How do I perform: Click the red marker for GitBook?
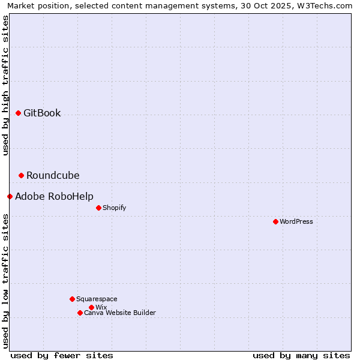[x=18, y=113]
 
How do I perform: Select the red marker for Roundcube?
[x=21, y=175]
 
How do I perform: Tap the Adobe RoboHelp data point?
[x=10, y=196]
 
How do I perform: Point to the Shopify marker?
[x=98, y=208]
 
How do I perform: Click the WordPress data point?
[x=275, y=221]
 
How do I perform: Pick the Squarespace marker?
[x=72, y=299]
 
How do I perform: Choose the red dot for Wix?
[x=91, y=307]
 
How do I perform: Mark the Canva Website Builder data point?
[x=80, y=313]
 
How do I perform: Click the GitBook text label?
[x=42, y=113]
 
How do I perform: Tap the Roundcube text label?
[x=53, y=175]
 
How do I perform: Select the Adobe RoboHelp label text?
[x=54, y=196]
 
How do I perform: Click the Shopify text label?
[x=114, y=208]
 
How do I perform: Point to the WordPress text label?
[x=296, y=221]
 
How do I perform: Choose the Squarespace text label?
[x=97, y=299]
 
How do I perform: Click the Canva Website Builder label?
[x=119, y=313]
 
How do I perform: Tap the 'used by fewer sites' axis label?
[x=62, y=355]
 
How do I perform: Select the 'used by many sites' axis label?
[x=301, y=355]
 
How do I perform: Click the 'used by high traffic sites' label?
[x=5, y=85]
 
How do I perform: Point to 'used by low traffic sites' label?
[x=5, y=281]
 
